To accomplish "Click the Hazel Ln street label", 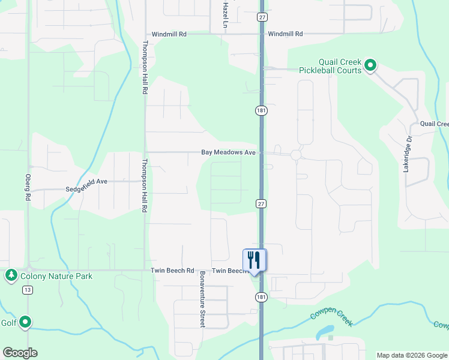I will (226, 15).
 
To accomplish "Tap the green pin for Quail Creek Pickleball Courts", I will (370, 65).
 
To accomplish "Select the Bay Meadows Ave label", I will (229, 153).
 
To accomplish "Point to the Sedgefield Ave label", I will (86, 181).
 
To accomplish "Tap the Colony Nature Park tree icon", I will (11, 275).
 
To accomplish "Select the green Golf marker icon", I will (25, 322).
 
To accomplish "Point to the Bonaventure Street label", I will (202, 299).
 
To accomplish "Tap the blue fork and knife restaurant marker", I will (255, 260).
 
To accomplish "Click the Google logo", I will (20, 353).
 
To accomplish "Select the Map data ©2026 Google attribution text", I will (411, 355).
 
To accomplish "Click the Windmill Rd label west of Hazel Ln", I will (169, 34).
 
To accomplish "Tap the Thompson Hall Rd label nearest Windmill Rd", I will (145, 67).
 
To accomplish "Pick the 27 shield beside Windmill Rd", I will (262, 17).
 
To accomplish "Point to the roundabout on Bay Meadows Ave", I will (295, 155).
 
